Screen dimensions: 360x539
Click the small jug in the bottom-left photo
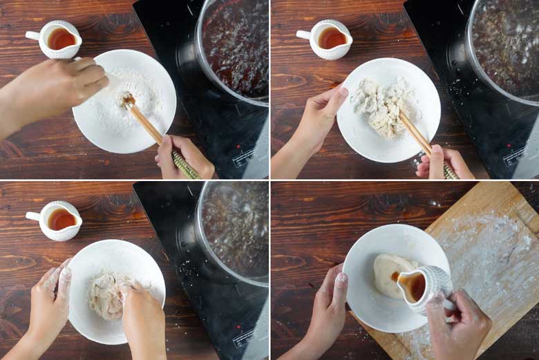click(x=59, y=220)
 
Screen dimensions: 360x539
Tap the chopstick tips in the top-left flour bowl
click(x=129, y=101)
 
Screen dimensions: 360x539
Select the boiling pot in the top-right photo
click(x=504, y=45)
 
